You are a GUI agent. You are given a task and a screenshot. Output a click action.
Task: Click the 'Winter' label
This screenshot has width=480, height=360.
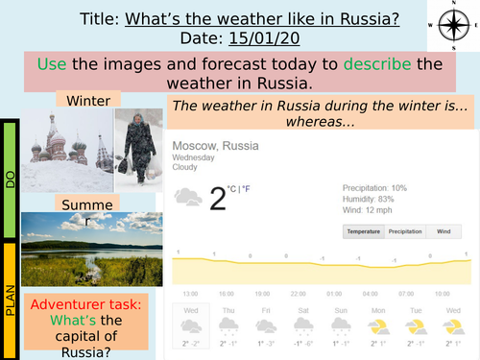click(87, 100)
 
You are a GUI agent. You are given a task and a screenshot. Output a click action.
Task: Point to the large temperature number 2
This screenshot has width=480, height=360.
click(219, 198)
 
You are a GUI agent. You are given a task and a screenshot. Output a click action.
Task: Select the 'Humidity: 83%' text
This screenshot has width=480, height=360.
click(369, 197)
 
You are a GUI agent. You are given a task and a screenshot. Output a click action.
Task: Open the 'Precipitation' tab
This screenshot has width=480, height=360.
click(404, 231)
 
